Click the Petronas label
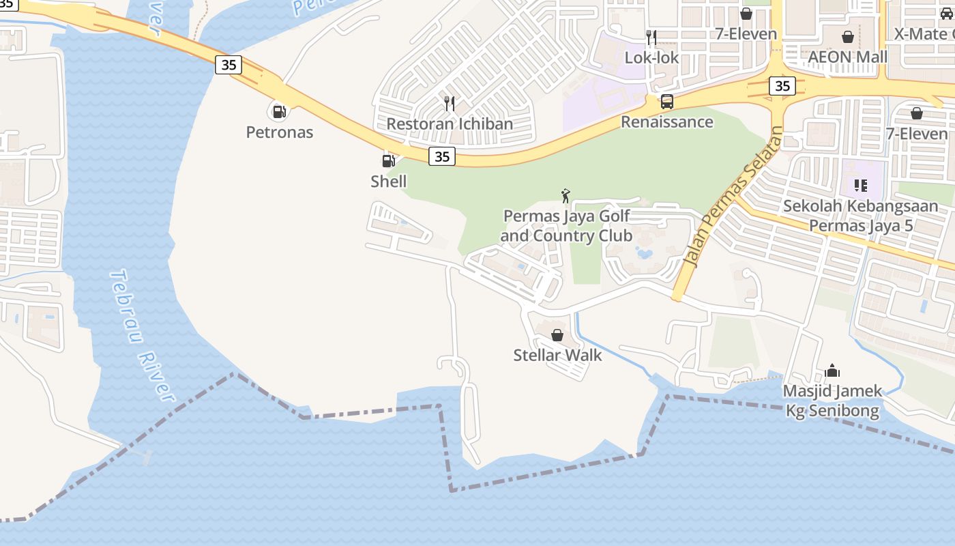[x=280, y=132]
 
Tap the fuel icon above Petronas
[x=279, y=111]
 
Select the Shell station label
[x=388, y=181]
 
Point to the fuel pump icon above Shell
[x=388, y=161]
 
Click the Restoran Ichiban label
[x=450, y=124]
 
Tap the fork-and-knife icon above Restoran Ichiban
[x=449, y=103]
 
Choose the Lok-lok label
[x=651, y=57]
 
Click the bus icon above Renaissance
[x=667, y=102]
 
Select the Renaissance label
[x=666, y=122]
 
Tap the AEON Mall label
[x=847, y=57]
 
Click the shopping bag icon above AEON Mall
[x=848, y=37]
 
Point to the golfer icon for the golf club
[x=565, y=196]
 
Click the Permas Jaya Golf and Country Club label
[x=566, y=226]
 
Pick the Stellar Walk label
[x=557, y=355]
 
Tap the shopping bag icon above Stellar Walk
[x=557, y=335]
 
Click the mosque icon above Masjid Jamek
[x=832, y=371]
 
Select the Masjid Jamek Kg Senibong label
[x=832, y=401]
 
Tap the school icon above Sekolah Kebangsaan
[x=860, y=185]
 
